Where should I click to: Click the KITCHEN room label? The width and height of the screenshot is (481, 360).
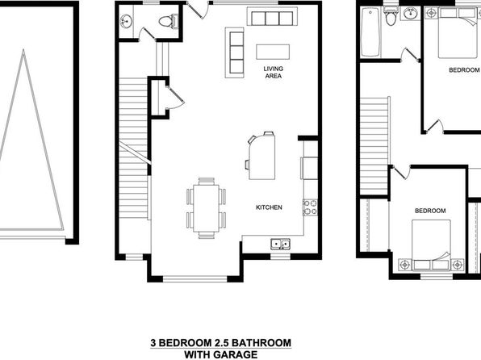point(269,207)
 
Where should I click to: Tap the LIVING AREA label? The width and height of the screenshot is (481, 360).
point(273,73)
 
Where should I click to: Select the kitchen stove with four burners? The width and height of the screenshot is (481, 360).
point(310,207)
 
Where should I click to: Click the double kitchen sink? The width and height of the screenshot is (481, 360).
point(280,245)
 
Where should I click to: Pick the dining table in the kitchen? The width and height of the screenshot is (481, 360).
point(206,208)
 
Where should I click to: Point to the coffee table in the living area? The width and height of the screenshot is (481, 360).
point(273,52)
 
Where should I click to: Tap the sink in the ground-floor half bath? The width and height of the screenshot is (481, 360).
point(126,22)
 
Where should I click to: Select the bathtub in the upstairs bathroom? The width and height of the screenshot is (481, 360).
point(370,32)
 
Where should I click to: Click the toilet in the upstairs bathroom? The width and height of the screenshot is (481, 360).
point(391,17)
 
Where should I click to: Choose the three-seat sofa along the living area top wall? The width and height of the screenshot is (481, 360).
point(272,17)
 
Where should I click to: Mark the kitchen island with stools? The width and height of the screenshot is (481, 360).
point(261,155)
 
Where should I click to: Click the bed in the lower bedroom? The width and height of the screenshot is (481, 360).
point(431,245)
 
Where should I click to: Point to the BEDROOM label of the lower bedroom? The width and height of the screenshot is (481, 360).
point(430,211)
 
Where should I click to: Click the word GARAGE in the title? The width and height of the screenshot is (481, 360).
point(236,354)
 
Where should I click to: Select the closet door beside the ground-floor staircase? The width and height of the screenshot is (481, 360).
point(175,98)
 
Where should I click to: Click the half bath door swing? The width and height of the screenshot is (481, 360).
point(145,35)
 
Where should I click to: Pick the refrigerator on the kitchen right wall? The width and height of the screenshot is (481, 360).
point(309,168)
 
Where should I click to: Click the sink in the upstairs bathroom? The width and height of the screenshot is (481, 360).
point(410,14)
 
